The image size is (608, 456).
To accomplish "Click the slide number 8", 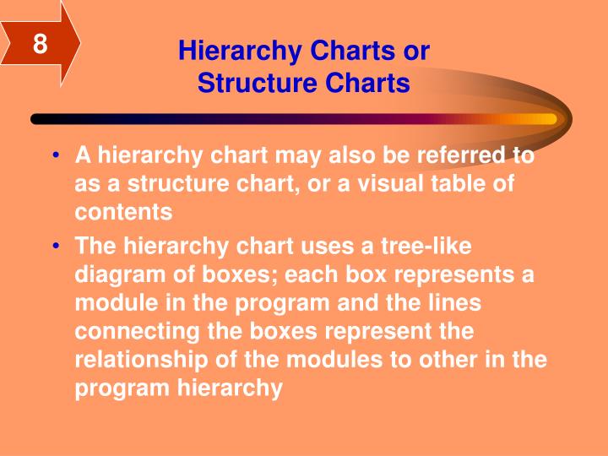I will (x=40, y=42).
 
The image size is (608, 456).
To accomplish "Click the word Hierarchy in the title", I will (x=229, y=52).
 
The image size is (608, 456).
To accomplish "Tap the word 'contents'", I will (x=123, y=213).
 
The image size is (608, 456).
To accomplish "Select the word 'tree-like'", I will (x=430, y=246).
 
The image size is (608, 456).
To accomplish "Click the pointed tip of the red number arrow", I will (x=80, y=42).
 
